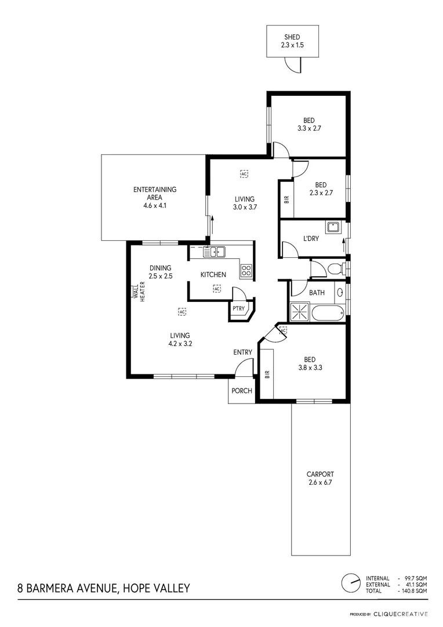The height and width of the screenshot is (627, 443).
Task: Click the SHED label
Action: (x=292, y=37)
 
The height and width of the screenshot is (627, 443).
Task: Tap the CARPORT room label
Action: (x=320, y=474)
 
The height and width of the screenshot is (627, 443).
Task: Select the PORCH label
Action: (x=242, y=391)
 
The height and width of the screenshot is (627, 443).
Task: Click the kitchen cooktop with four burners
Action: (x=246, y=270)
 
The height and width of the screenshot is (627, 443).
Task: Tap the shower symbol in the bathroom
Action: (x=300, y=312)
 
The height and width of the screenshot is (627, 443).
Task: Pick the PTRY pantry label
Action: (x=238, y=308)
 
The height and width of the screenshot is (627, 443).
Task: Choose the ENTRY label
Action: (x=242, y=352)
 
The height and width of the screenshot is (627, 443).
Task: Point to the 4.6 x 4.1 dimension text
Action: (x=155, y=205)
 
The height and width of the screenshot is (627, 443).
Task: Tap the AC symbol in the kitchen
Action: (x=217, y=289)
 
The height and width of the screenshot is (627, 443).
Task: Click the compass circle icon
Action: (x=350, y=582)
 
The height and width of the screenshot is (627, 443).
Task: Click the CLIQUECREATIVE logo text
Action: (x=401, y=614)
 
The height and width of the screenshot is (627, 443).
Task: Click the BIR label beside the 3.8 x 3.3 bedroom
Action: (x=267, y=374)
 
